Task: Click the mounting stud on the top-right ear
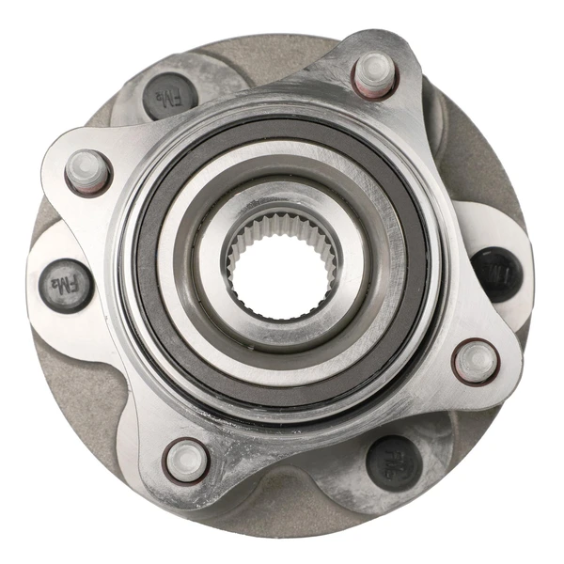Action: click(374, 70)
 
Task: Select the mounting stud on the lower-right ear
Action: click(477, 359)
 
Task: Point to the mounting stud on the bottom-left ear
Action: click(186, 459)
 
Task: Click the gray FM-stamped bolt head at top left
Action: click(169, 94)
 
